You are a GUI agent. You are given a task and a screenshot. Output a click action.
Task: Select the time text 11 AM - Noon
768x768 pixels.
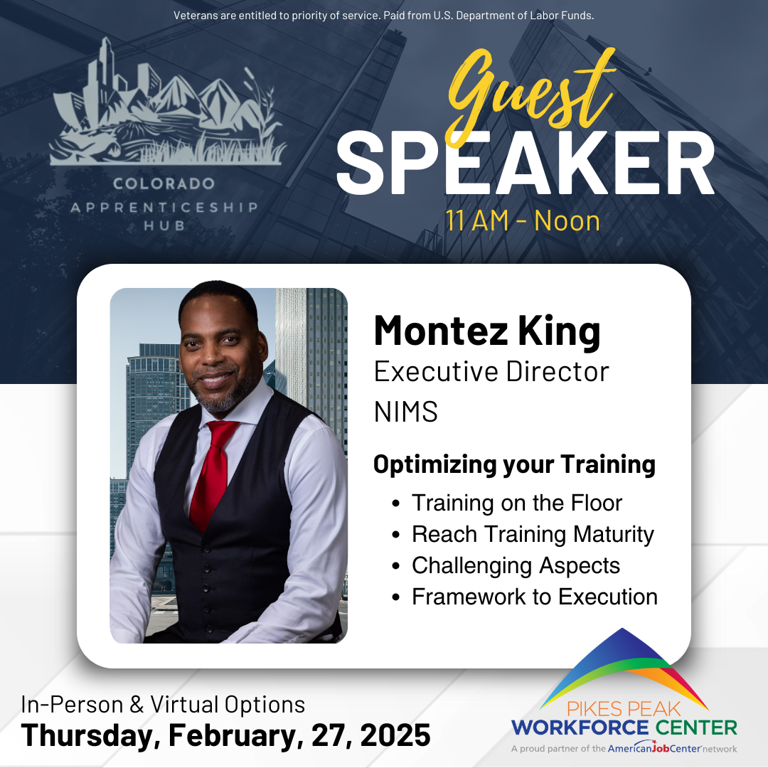click(523, 221)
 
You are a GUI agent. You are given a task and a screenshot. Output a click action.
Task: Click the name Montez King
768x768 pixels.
click(487, 331)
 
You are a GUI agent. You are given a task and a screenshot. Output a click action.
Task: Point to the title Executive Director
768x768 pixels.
click(491, 372)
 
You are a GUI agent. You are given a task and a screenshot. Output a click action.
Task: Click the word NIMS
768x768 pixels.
click(405, 412)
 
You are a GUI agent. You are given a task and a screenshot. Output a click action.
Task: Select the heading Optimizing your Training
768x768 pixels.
click(514, 465)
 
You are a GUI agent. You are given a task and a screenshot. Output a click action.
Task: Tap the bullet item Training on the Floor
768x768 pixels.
click(517, 503)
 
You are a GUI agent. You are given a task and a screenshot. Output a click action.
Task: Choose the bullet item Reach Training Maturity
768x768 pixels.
click(533, 534)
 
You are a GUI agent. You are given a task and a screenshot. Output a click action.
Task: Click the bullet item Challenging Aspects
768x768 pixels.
click(516, 566)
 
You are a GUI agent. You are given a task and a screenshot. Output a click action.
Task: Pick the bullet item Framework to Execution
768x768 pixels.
click(534, 597)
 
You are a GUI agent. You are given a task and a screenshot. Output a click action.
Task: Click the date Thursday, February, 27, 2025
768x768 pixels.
click(225, 735)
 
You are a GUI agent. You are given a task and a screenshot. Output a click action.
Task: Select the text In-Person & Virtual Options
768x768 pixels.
click(163, 705)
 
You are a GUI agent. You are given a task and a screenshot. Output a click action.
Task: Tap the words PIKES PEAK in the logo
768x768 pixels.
click(624, 709)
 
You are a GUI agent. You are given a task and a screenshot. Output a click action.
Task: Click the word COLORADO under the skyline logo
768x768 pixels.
click(164, 183)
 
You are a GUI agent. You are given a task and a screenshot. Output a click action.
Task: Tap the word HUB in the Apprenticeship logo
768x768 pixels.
click(164, 226)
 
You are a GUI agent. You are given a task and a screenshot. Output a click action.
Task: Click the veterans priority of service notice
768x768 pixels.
click(383, 16)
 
